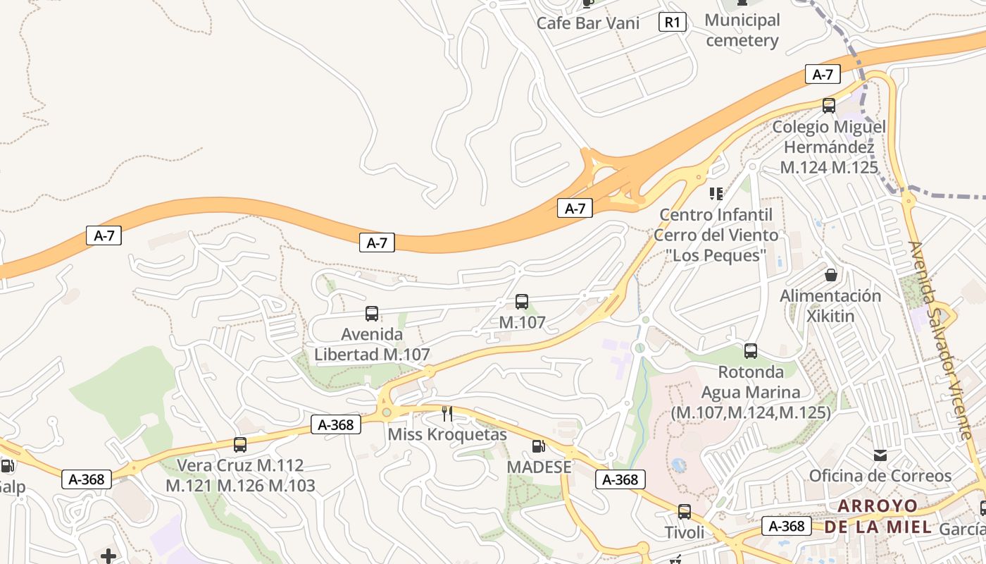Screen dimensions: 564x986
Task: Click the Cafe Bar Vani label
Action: pos(587,23)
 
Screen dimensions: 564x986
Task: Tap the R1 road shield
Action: pos(673,23)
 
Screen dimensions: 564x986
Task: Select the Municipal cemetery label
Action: pos(742,30)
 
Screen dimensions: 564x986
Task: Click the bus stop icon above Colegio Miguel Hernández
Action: pos(829,106)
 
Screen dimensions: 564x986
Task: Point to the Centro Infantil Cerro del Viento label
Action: pos(716,235)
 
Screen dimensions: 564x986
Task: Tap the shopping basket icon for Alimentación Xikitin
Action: pos(831,274)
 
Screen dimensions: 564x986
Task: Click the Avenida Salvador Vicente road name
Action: pos(943,339)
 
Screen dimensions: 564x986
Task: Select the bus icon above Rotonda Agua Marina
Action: pos(751,350)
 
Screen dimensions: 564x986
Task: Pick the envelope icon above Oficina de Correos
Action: pos(880,455)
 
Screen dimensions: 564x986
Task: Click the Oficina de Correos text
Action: pos(880,476)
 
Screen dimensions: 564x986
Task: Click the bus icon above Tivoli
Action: pos(685,512)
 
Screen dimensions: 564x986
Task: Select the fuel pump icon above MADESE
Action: pos(539,446)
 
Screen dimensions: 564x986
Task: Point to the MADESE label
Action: pos(539,467)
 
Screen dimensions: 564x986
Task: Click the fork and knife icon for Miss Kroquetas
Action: pos(447,413)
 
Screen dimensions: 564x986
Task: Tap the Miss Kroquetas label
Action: pos(447,434)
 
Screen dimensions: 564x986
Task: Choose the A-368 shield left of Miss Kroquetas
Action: pos(336,424)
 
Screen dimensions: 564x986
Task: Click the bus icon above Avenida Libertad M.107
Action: pos(372,314)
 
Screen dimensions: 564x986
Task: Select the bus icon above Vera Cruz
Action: pos(240,445)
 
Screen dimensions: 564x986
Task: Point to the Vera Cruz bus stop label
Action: pos(240,475)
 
